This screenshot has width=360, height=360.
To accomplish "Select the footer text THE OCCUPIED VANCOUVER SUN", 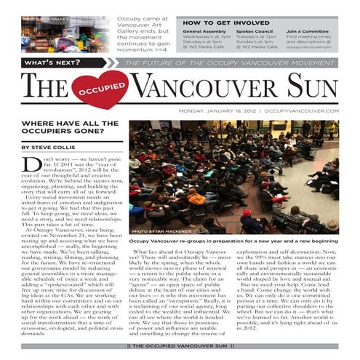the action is tap(180, 345).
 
